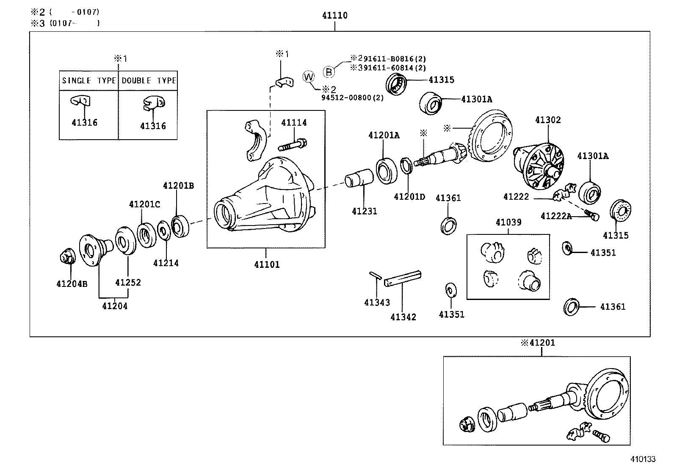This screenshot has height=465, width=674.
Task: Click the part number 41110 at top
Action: click(334, 16)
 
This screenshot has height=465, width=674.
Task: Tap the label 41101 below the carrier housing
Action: click(267, 265)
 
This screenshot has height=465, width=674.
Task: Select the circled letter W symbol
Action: click(309, 77)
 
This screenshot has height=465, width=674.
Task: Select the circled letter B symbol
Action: click(329, 72)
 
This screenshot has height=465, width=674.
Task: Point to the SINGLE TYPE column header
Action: click(89, 80)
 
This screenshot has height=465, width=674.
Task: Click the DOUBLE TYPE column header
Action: click(148, 80)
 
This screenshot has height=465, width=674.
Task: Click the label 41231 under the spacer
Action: click(364, 211)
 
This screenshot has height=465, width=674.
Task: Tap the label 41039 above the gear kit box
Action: click(508, 222)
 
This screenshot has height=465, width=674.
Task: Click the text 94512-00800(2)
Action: click(352, 98)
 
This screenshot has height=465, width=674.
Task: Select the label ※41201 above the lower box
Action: click(538, 343)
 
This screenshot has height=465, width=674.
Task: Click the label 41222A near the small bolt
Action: click(556, 216)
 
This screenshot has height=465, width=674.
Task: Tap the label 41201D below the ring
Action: click(409, 197)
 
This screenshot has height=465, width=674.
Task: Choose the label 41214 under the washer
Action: click(166, 263)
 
